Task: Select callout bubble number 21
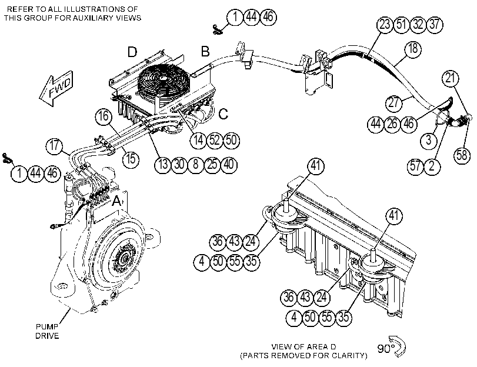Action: [450, 79]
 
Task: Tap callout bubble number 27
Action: [393, 102]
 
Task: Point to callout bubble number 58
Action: [462, 155]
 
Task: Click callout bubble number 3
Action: [429, 141]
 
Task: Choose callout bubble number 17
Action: [54, 146]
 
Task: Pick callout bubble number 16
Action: [104, 116]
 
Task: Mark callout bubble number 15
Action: [131, 159]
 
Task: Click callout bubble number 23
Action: [385, 24]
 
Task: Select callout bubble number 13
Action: [163, 165]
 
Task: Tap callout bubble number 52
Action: [215, 141]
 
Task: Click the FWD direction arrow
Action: [56, 88]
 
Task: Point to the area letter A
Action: [117, 201]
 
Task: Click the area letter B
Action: [205, 51]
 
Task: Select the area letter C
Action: [224, 114]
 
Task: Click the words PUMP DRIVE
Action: [47, 331]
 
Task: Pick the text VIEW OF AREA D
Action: [303, 346]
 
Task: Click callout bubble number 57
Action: [415, 166]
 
